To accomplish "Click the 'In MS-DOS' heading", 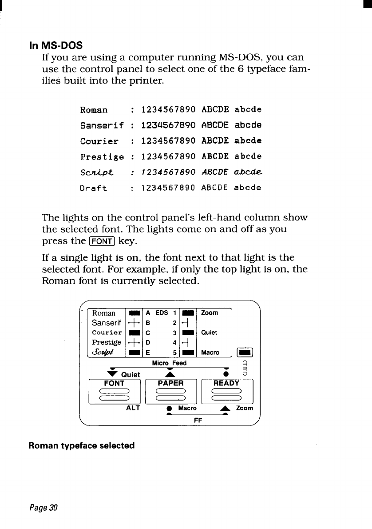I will click(x=56, y=46).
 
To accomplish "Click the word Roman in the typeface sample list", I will click(x=94, y=110).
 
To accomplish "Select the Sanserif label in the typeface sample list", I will click(x=102, y=125).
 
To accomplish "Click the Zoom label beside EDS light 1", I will click(x=210, y=313).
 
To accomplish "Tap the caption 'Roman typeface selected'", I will click(x=82, y=445).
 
